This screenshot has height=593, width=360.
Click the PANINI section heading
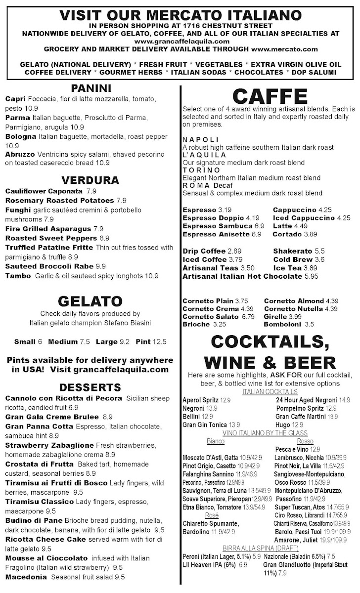(x=90, y=89)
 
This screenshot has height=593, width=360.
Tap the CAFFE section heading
(x=270, y=95)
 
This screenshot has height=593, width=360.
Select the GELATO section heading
(x=90, y=301)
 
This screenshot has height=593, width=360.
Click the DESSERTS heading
(x=90, y=386)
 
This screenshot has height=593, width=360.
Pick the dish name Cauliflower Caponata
(x=45, y=191)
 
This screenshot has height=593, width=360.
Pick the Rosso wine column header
(x=305, y=441)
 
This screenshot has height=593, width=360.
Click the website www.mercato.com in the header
(x=284, y=49)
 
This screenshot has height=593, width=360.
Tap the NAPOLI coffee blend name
(x=201, y=140)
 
